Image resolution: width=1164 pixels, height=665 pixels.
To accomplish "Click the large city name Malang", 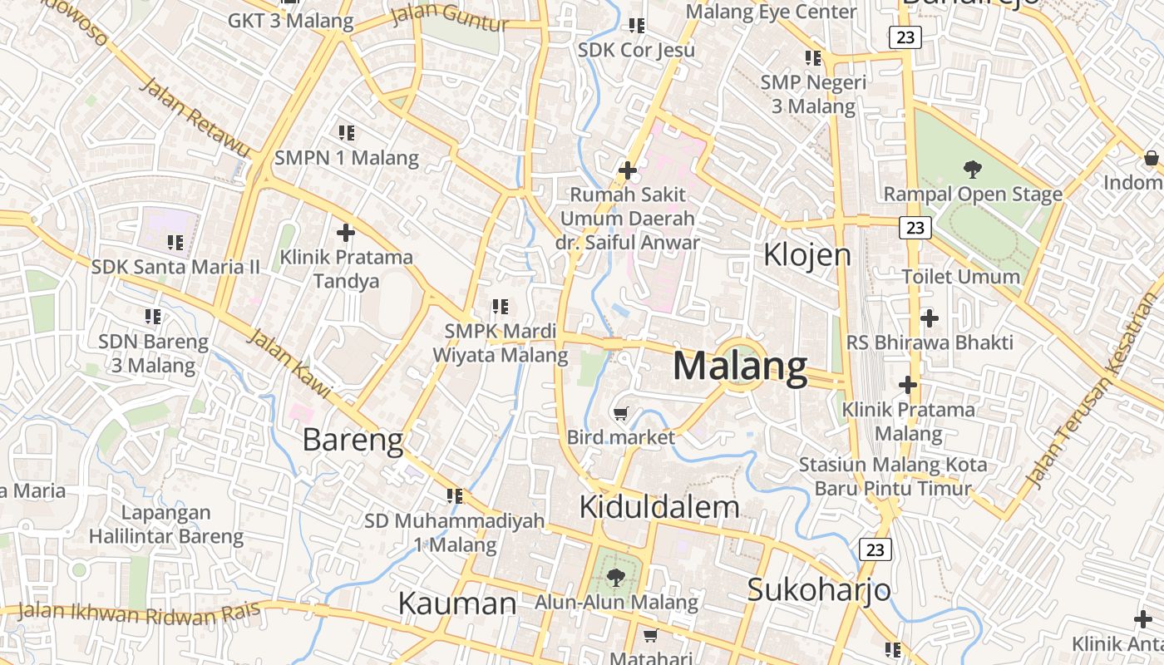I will click(739, 367).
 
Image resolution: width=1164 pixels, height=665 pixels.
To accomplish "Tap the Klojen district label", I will click(807, 254).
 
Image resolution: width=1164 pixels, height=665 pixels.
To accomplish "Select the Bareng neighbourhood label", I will click(353, 440).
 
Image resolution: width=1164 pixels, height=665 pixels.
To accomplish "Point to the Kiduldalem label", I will click(658, 506).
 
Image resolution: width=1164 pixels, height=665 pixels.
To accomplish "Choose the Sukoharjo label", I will click(818, 589).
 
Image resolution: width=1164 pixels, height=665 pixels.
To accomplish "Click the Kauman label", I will click(457, 603).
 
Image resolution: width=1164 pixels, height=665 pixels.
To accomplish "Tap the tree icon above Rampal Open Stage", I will click(972, 170).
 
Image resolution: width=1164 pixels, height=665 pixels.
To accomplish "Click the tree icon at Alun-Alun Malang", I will click(615, 577).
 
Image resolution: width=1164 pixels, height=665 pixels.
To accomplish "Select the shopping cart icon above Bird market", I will click(620, 413).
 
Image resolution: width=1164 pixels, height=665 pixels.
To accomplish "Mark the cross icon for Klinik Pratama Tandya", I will click(346, 233).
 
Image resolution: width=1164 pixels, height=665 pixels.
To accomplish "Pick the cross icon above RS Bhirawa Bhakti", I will click(930, 318).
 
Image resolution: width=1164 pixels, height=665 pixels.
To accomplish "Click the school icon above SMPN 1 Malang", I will click(347, 132).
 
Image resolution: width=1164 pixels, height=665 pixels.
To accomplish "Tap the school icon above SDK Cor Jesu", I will click(637, 26).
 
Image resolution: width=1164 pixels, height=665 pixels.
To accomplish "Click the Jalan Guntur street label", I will click(449, 17).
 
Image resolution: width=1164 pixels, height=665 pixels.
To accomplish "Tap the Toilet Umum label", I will click(960, 276).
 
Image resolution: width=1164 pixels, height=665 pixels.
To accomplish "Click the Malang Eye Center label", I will click(771, 12).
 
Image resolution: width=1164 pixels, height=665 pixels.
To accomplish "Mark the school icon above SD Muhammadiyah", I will click(454, 496).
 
